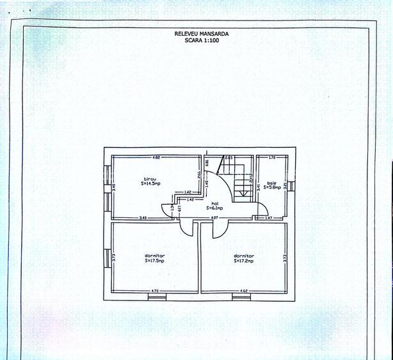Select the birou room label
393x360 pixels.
[x=149, y=179]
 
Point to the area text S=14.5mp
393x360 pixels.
[x=150, y=184]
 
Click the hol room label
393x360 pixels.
[x=215, y=203]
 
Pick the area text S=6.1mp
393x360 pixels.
[x=215, y=208]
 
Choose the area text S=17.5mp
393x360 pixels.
[x=154, y=261]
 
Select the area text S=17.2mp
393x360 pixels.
[x=244, y=261]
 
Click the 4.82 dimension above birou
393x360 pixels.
[x=156, y=157]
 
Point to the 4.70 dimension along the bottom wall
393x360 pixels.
[x=154, y=292]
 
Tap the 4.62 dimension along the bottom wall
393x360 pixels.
[x=244, y=292]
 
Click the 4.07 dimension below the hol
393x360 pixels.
[x=216, y=219]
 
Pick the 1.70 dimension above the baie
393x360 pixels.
[x=271, y=157]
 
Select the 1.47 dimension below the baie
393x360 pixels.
[x=269, y=219]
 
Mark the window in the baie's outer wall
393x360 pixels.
[x=291, y=186]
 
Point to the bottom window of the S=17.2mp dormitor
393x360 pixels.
[x=241, y=297]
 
